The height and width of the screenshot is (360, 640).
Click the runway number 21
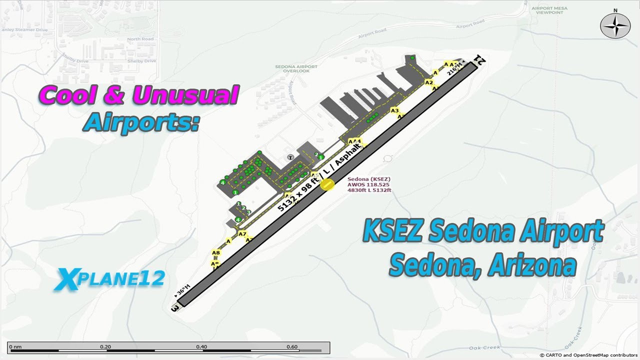pyautogui.click(x=479, y=60)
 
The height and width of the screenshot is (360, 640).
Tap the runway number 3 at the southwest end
pyautogui.click(x=175, y=308)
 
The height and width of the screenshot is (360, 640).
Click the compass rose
pyautogui.click(x=615, y=25)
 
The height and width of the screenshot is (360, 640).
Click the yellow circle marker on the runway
pyautogui.click(x=327, y=184)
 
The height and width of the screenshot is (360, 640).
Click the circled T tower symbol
pyautogui.click(x=290, y=157)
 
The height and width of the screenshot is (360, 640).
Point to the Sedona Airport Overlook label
pyautogui.click(x=296, y=68)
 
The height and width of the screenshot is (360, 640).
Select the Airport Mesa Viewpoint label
pyautogui.click(x=549, y=10)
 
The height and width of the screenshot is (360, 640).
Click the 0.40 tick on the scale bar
pyautogui.click(x=201, y=347)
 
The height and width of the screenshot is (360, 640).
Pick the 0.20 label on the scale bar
pyautogui.click(x=105, y=346)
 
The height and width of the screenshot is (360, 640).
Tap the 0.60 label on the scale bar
pyautogui.click(x=292, y=346)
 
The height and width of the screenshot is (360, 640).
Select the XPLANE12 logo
pyautogui.click(x=110, y=279)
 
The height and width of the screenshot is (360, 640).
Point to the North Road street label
pyautogui.click(x=140, y=39)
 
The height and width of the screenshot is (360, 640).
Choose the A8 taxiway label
pyautogui.click(x=216, y=253)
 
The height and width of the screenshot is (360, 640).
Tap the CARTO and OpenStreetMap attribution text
pyautogui.click(x=589, y=355)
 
